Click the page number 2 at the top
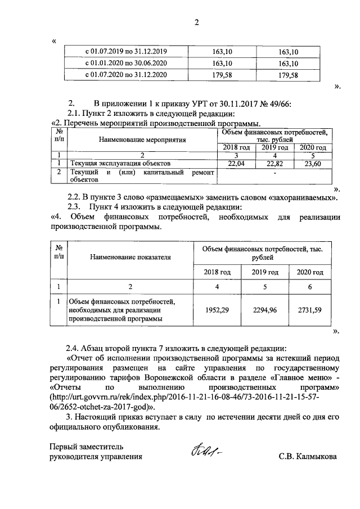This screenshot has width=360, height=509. coord(197,23)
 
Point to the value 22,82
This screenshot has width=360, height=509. coord(274,163)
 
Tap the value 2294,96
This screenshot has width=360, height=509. coord(265,310)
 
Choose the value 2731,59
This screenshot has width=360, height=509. coord(310,310)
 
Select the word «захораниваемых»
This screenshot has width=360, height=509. coord(300,197)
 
